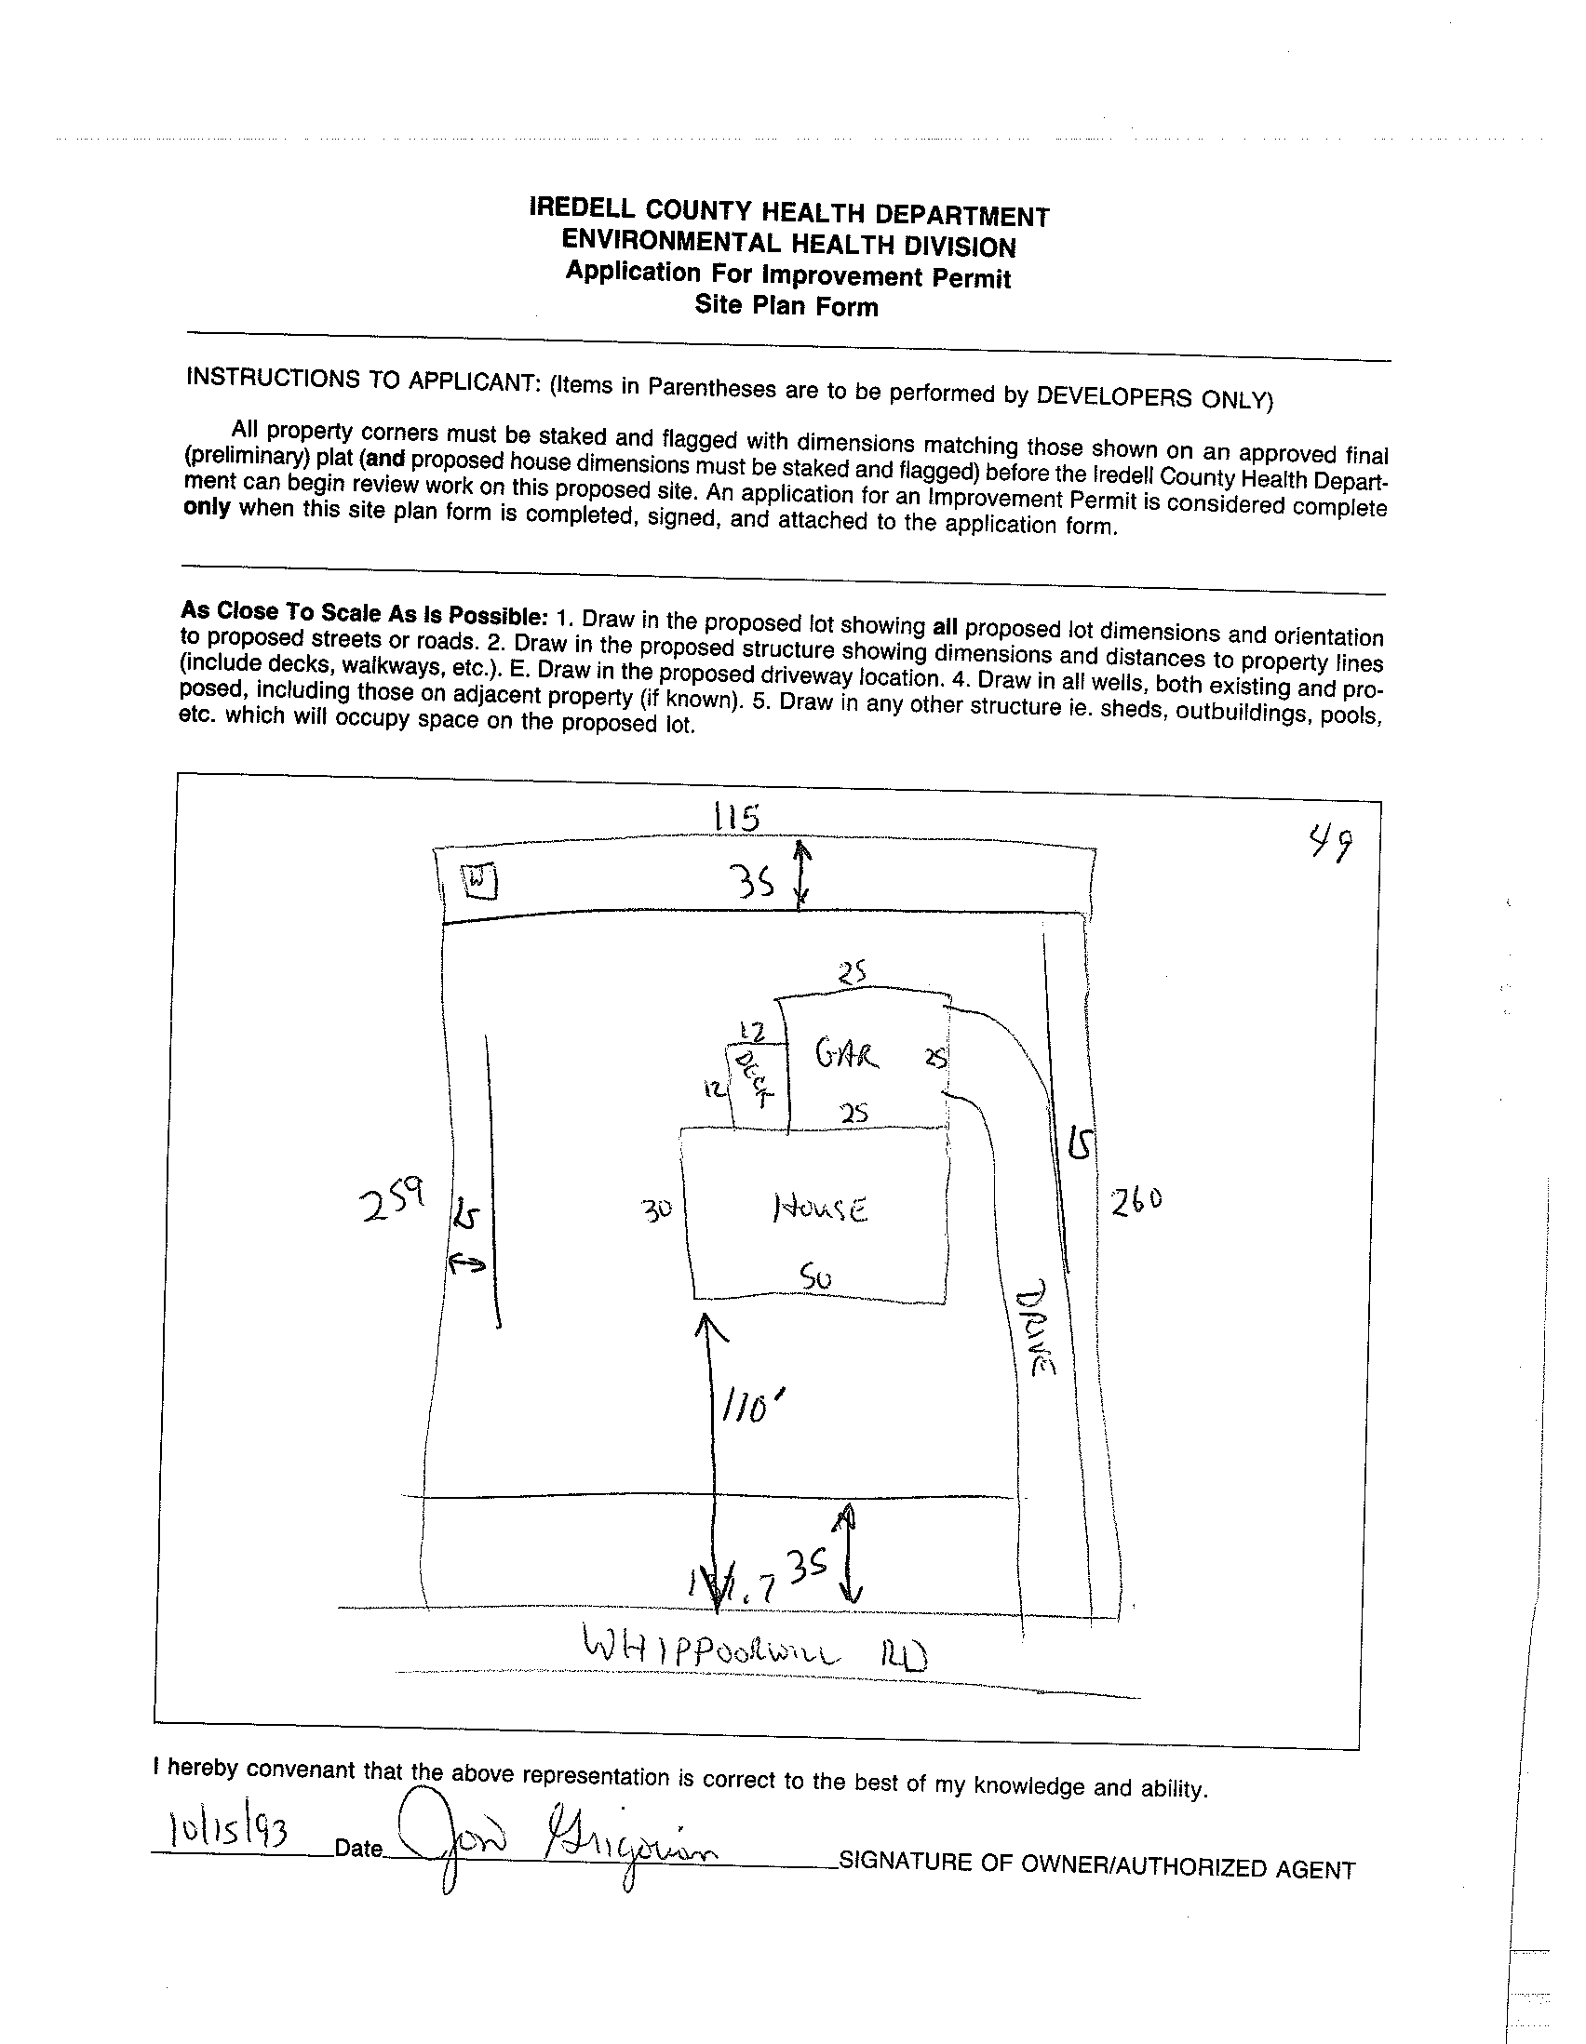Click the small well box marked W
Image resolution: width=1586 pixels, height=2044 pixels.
coord(480,881)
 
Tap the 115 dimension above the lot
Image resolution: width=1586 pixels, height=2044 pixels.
coord(735,818)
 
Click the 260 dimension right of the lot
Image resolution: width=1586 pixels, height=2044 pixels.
coord(1136,1199)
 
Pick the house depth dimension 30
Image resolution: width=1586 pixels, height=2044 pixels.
coord(657,1209)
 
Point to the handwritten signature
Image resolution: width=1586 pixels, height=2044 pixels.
coord(552,1839)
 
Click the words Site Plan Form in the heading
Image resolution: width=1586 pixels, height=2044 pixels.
coord(786,306)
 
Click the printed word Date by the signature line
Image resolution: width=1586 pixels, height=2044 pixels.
coord(358,1848)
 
